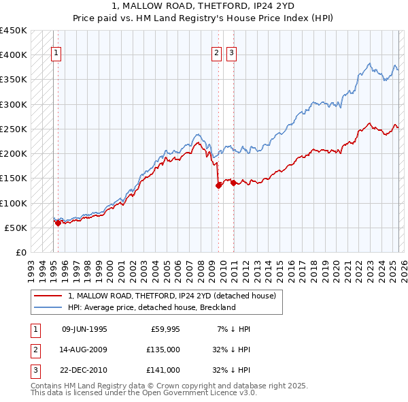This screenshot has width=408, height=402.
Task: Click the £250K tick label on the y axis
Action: coord(13,129)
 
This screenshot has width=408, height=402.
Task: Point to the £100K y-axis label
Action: coord(13,203)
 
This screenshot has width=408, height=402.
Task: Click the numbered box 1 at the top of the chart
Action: coord(55,55)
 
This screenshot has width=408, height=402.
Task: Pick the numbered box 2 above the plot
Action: coord(216,55)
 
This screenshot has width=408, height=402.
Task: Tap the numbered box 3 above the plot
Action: coord(231,55)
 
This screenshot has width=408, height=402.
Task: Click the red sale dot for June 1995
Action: coord(58,223)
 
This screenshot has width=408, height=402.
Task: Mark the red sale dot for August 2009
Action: coord(218,185)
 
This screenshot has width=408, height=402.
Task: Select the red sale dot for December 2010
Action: coord(233,183)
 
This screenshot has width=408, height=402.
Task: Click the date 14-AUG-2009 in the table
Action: coord(84,350)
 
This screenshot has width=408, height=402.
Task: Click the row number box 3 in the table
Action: coord(34,370)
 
